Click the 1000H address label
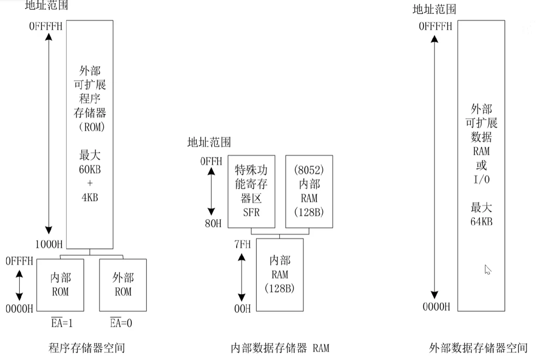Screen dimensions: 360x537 click(x=49, y=244)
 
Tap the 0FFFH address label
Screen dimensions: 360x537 click(x=19, y=261)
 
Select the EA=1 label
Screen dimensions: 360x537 click(x=62, y=323)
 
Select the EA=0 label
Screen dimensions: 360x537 click(x=121, y=323)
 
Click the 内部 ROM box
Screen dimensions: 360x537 click(x=60, y=285)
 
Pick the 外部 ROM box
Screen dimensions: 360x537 click(x=123, y=285)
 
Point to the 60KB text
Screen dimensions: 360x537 click(x=90, y=169)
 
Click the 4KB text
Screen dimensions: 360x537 click(x=90, y=198)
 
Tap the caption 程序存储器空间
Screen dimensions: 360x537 click(x=87, y=348)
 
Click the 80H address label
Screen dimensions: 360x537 click(x=213, y=223)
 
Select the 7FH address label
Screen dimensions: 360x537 click(x=242, y=244)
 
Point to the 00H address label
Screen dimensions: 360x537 click(x=242, y=308)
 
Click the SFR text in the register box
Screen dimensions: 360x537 click(x=251, y=213)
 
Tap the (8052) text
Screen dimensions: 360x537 click(x=309, y=170)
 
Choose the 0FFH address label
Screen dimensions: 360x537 click(x=211, y=161)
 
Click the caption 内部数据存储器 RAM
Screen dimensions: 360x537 click(x=280, y=348)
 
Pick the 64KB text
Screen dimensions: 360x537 click(x=481, y=222)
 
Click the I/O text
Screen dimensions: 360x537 click(x=481, y=179)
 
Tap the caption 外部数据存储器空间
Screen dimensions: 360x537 click(x=478, y=348)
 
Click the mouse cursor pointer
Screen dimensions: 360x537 click(x=487, y=270)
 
